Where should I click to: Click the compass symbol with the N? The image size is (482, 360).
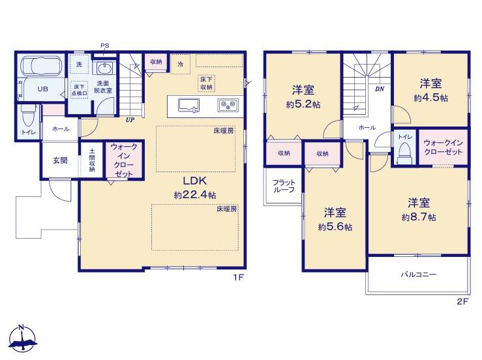point(22,338)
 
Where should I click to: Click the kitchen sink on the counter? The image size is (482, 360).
point(188,106)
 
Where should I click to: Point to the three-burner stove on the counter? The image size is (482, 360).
point(228,106)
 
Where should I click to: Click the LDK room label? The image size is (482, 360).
point(195,181)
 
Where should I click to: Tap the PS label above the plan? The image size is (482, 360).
point(104,46)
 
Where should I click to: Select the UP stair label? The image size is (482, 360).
point(130,120)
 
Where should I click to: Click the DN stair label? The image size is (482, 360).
point(380,89)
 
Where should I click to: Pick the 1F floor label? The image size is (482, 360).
point(239,278)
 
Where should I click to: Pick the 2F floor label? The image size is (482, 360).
point(462,301)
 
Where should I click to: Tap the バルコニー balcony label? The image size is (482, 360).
point(418,274)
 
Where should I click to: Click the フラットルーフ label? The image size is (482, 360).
point(284,186)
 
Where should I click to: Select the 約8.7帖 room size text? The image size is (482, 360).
point(419,217)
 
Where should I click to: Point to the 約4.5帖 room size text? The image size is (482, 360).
point(430,98)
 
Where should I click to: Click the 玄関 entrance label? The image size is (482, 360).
point(60,160)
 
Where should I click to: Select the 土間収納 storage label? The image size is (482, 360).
point(92,160)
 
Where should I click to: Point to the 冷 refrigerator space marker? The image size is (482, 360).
point(181,65)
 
